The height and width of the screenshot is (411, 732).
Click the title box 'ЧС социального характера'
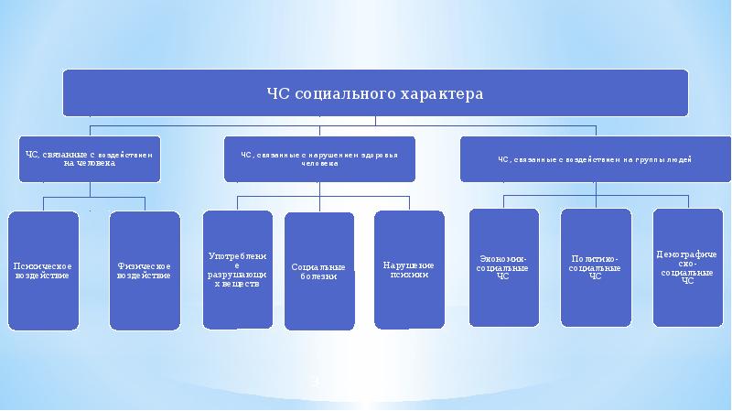click(x=374, y=93)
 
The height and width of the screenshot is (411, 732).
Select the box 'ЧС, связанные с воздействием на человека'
click(x=89, y=159)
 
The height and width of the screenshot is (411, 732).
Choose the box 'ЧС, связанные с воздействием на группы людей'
click(x=596, y=159)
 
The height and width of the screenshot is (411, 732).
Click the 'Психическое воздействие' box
click(x=43, y=270)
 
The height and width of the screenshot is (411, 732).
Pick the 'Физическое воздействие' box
click(x=145, y=270)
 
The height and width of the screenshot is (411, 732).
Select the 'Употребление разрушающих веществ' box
click(x=238, y=269)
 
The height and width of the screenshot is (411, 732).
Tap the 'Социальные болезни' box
click(x=319, y=271)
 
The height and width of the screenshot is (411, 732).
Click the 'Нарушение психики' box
click(x=409, y=269)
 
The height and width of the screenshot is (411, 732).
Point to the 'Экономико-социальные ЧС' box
click(x=503, y=267)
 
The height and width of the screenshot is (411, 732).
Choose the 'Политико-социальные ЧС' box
click(x=596, y=267)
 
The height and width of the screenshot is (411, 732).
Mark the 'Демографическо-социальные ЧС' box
click(x=687, y=266)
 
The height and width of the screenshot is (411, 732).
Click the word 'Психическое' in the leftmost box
click(x=43, y=265)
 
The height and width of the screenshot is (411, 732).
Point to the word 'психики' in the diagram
click(x=409, y=275)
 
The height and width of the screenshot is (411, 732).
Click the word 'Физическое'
click(x=145, y=265)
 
